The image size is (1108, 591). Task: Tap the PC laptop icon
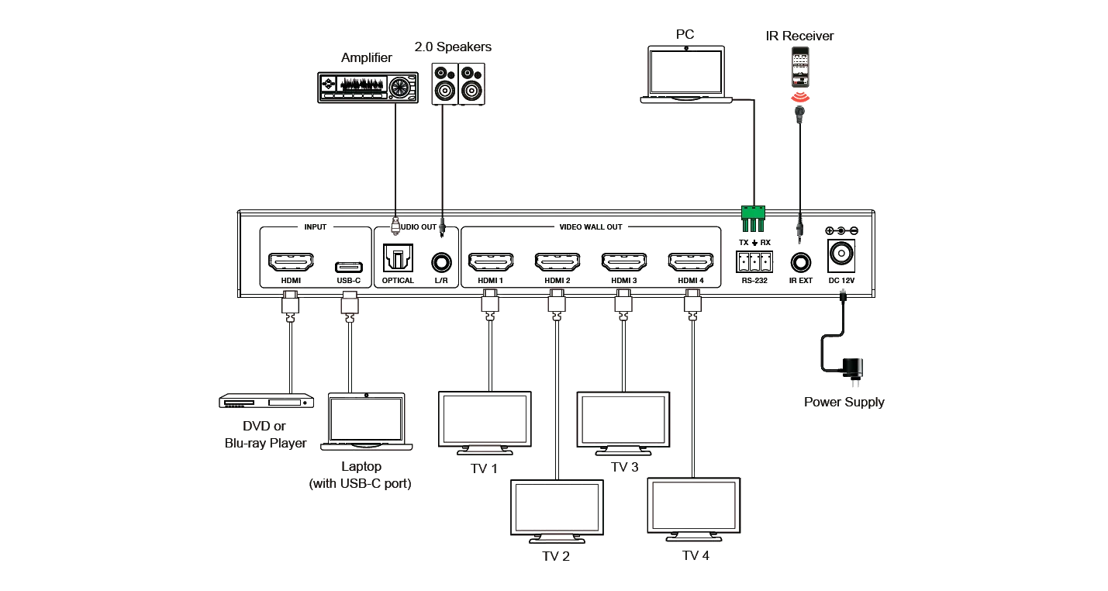pos(686,74)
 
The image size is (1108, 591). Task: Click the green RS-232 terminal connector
pos(752,215)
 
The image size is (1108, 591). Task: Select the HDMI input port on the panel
pos(291,259)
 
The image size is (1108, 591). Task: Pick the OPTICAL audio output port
pos(395,257)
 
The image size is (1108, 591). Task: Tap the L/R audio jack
pos(442,261)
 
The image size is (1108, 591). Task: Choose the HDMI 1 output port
pos(487,260)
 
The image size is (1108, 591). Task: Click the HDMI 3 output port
pos(623,260)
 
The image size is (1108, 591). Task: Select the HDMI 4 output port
pos(689,260)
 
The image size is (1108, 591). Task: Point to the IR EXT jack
pos(799,263)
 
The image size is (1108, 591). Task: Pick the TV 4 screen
pos(695,504)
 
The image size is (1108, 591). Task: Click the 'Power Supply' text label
pos(843,403)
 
